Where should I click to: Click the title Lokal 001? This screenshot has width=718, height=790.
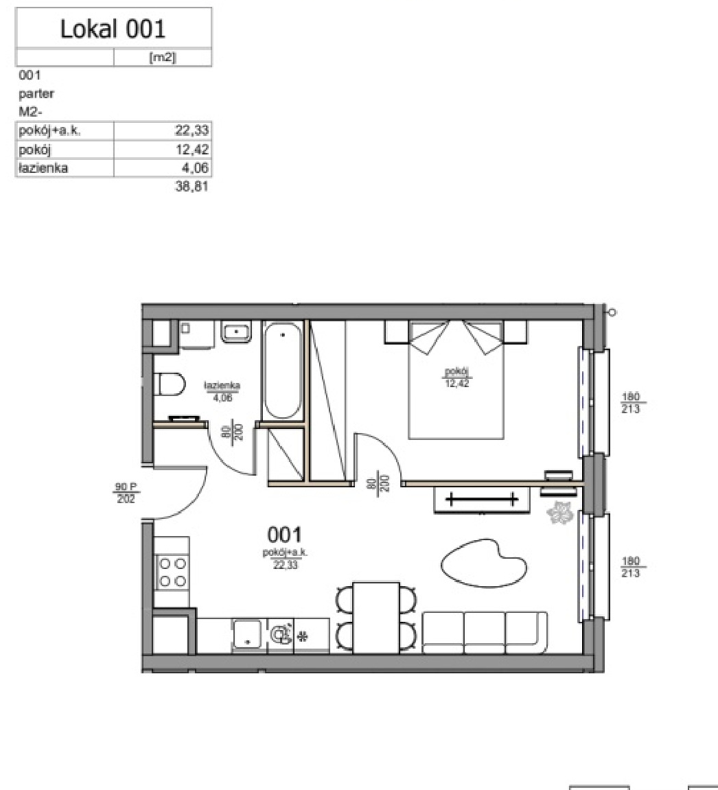(x=113, y=29)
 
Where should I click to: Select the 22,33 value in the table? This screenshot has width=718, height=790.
(x=192, y=130)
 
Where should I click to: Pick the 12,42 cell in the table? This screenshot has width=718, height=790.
(x=192, y=150)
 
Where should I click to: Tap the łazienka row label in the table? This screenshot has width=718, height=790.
(x=43, y=167)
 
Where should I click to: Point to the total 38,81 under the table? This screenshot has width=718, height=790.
(x=192, y=187)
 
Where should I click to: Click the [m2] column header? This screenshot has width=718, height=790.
(x=162, y=58)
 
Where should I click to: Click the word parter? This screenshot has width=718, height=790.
(x=36, y=94)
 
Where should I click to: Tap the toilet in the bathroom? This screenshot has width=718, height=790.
(x=170, y=384)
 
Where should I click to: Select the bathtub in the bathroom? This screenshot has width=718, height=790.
(x=283, y=371)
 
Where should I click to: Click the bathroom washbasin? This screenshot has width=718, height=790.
(x=236, y=332)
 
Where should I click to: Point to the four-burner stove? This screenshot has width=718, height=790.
(x=172, y=571)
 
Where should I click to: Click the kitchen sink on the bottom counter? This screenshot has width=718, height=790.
(x=247, y=634)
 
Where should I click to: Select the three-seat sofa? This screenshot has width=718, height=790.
(x=485, y=632)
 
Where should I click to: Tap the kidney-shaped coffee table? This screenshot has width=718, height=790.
(x=484, y=563)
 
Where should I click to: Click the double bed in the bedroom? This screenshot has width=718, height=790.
(x=456, y=380)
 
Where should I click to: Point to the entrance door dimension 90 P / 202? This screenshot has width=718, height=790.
(x=126, y=493)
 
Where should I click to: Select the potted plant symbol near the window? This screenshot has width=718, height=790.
(x=560, y=513)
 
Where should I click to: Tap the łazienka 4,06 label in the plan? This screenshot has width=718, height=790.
(x=222, y=391)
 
